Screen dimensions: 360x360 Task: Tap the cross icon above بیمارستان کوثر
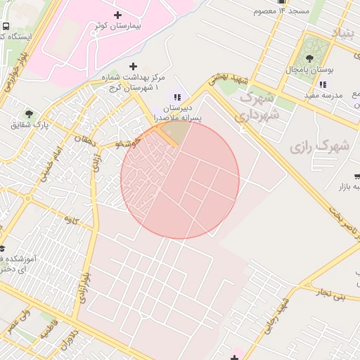(117, 15)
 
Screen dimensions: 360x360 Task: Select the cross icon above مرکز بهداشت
(133, 66)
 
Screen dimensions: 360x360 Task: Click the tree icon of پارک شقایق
(29, 113)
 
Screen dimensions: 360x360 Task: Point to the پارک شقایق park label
(30, 124)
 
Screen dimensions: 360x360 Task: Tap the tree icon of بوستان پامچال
(309, 58)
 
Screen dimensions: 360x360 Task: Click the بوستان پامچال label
(309, 71)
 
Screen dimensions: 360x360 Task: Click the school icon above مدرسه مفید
(323, 84)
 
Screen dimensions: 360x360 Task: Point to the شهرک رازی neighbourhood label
(319, 146)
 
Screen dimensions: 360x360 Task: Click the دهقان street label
(89, 140)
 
